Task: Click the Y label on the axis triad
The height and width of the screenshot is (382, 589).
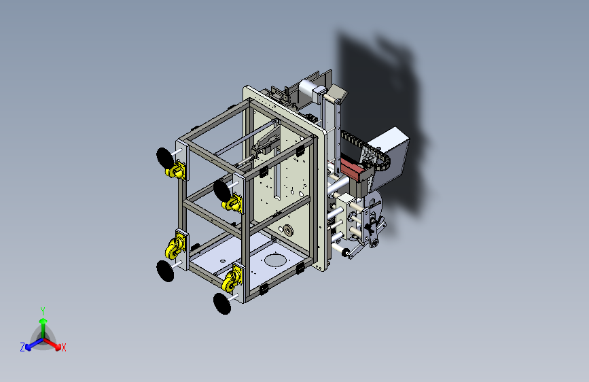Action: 43,311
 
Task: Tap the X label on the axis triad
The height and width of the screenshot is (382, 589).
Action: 63,347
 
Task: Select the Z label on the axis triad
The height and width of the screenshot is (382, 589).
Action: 22,347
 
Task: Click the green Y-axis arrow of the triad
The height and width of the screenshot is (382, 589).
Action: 43,328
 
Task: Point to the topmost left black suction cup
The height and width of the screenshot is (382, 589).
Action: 165,158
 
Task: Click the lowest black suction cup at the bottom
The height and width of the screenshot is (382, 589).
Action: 222,303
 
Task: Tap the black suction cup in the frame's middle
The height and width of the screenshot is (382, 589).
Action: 222,190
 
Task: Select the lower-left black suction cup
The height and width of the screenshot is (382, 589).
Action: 165,271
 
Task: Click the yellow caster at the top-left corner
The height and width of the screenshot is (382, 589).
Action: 176,169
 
